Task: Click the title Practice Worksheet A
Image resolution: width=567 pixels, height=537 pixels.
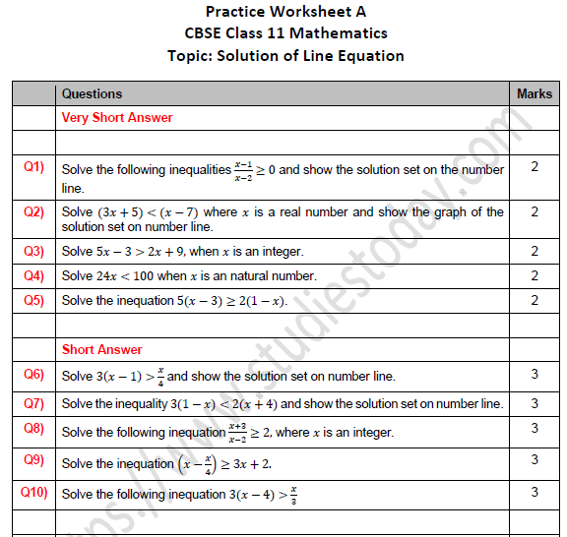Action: [x=283, y=12]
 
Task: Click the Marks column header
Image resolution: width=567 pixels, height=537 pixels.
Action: [x=535, y=93]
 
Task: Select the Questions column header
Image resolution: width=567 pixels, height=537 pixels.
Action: [x=92, y=93]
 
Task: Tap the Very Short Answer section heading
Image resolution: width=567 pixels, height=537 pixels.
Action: [x=117, y=118]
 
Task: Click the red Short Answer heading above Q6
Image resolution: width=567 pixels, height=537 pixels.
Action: [x=101, y=349]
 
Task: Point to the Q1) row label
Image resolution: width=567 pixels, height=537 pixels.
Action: [x=34, y=167]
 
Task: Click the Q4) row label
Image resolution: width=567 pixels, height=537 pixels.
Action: [x=34, y=275]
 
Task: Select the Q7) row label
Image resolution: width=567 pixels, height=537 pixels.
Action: [x=34, y=402]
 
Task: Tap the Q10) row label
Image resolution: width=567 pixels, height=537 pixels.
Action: [x=34, y=492]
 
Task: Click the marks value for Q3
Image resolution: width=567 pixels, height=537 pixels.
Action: [x=535, y=251]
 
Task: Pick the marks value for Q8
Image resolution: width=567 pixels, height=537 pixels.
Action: [x=535, y=429]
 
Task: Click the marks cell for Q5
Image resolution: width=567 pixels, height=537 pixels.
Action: [x=535, y=300]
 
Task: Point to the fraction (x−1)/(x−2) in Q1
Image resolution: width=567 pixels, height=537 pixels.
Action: [x=243, y=169]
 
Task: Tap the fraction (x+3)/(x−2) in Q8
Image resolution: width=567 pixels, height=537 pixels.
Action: [x=237, y=431]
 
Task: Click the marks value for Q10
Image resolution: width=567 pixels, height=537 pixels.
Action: [x=535, y=492]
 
